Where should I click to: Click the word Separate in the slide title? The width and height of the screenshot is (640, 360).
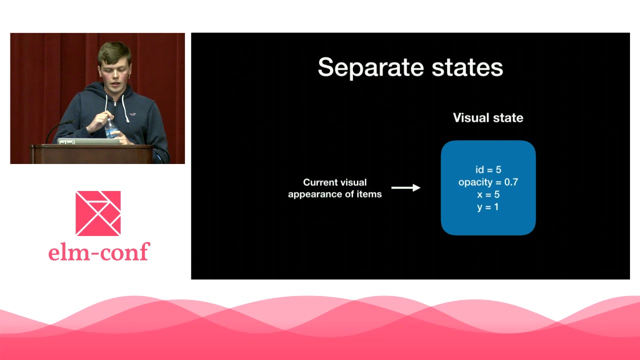370,67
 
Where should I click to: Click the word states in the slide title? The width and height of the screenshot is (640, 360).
467,67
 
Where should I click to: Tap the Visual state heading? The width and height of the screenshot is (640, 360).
488,117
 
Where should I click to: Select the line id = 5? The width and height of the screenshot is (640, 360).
488,169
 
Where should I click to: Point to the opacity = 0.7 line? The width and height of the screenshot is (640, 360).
488,182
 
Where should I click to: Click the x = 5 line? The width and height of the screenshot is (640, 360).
488,194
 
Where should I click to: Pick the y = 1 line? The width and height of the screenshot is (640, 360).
487,207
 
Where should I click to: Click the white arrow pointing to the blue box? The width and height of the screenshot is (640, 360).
405,187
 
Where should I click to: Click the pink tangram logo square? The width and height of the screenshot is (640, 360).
98,213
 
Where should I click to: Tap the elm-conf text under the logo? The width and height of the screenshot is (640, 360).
99,251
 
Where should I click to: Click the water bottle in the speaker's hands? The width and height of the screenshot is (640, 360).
110,128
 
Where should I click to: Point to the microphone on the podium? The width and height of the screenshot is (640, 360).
60,130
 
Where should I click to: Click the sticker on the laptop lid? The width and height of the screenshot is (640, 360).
66,142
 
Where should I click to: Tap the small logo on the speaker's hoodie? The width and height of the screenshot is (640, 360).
132,114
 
